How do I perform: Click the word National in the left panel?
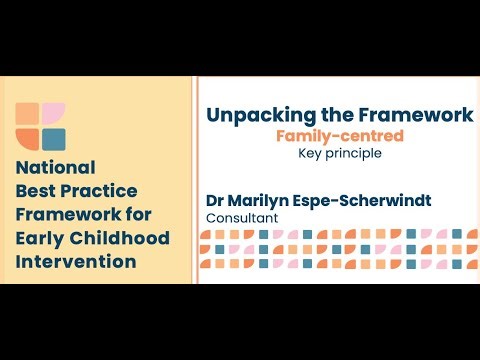(56, 167)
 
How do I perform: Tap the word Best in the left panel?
(37, 190)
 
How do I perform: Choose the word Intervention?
(76, 262)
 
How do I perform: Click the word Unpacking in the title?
(258, 115)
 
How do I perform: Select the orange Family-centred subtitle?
(340, 135)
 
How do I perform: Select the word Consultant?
(240, 217)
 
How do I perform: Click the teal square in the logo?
(54, 138)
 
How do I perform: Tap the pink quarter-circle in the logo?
(54, 113)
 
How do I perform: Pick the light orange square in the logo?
(28, 113)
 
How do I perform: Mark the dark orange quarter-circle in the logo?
(28, 138)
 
